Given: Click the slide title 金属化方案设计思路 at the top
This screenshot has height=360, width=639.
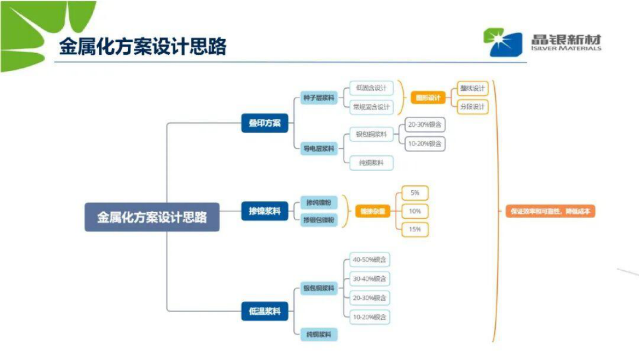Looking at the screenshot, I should click(143, 47).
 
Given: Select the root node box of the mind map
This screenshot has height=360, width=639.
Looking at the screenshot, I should click(152, 217).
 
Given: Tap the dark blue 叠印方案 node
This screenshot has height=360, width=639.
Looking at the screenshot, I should click(265, 123).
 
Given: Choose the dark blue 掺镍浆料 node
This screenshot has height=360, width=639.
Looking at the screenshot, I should click(265, 211).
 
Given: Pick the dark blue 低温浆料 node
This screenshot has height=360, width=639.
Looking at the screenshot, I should click(265, 311).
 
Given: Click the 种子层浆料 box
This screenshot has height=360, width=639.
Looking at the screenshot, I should click(319, 98).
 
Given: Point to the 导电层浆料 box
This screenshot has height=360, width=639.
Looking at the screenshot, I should click(319, 148).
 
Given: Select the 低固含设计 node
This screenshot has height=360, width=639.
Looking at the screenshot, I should click(371, 88).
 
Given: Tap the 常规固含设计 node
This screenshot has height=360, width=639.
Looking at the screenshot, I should click(371, 107).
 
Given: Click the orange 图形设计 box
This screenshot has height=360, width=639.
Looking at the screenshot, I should click(428, 98).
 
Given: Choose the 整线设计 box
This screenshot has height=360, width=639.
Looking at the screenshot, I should click(472, 88).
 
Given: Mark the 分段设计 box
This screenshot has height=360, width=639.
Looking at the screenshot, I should click(472, 106).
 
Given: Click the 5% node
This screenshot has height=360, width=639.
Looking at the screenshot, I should click(415, 192).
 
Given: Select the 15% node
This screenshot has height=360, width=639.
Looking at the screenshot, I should click(415, 229).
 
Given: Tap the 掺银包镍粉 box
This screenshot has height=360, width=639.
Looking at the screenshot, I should click(319, 220).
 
